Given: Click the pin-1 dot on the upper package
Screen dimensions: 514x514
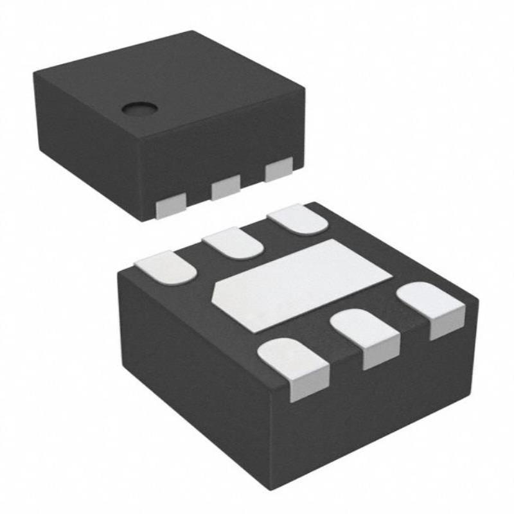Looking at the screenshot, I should (x=137, y=109).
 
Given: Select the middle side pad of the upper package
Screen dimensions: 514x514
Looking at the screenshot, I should (x=225, y=188).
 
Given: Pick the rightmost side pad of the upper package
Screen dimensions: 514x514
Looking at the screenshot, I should (x=278, y=170).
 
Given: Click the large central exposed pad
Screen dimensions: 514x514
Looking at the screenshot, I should (x=302, y=283).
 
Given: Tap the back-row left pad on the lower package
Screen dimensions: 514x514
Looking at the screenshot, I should (x=166, y=267).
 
